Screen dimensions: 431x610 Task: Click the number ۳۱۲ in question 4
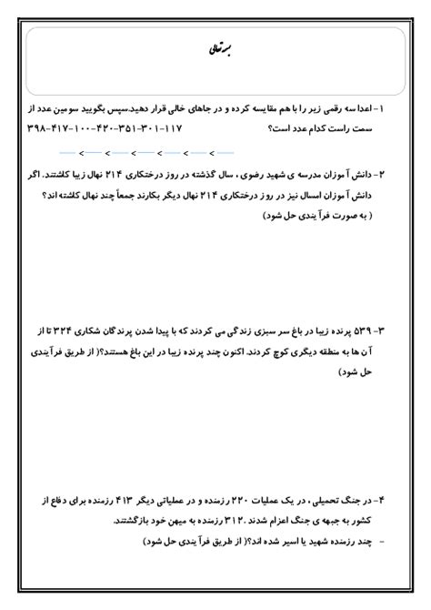[217, 523]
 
